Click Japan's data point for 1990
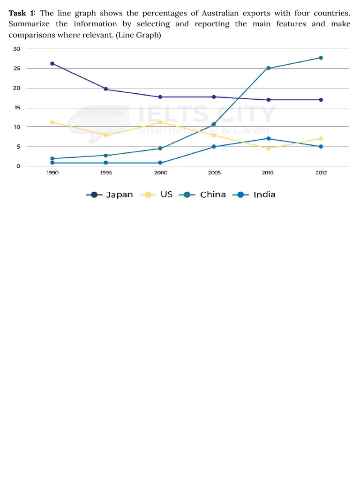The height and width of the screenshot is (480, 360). [52, 64]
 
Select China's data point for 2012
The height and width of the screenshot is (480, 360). [321, 58]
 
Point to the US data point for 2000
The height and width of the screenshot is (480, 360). [160, 122]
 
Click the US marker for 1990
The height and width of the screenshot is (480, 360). [52, 122]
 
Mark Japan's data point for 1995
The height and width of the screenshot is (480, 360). [106, 89]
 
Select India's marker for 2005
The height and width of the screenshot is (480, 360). [214, 147]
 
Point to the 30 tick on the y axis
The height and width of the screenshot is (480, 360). [17, 49]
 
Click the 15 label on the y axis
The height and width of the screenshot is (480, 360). [17, 108]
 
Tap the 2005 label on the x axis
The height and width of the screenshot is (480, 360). [214, 173]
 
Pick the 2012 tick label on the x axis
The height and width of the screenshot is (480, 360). [321, 173]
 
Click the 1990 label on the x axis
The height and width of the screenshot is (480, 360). [52, 173]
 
